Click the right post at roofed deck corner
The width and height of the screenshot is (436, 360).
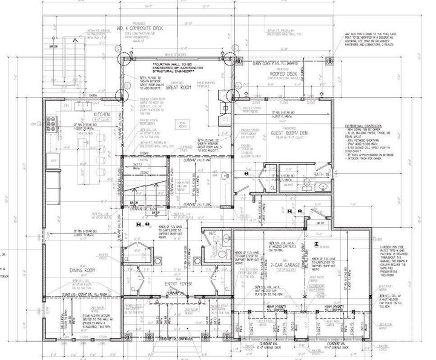coord(329,61)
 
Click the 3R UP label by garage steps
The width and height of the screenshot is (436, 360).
coord(319,224)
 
